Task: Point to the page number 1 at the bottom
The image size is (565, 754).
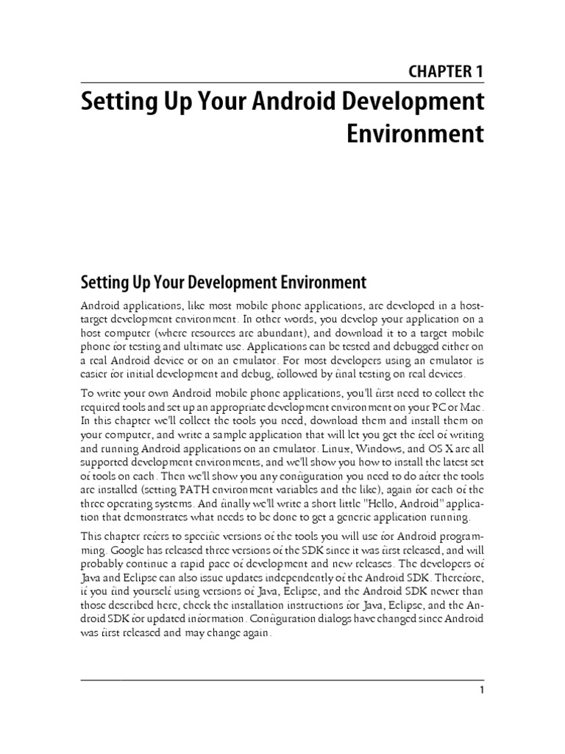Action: click(480, 690)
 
